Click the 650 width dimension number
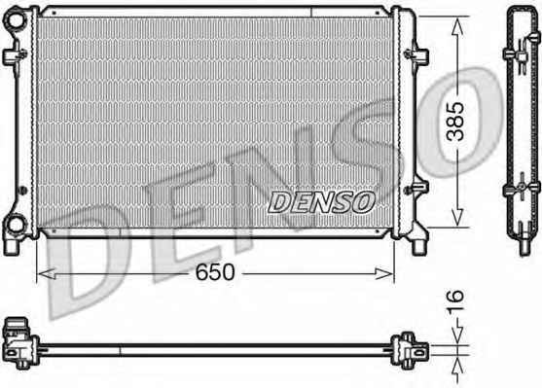click(x=215, y=272)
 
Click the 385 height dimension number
click(x=455, y=122)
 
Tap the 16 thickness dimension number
click(x=455, y=302)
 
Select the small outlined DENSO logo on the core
click(x=321, y=202)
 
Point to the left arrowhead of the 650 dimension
click(x=46, y=274)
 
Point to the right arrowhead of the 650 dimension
click(x=384, y=274)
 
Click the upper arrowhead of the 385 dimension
click(x=457, y=26)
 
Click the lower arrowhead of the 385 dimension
click(x=457, y=217)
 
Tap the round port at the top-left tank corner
click(x=16, y=19)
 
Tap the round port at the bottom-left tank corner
click(x=16, y=225)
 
